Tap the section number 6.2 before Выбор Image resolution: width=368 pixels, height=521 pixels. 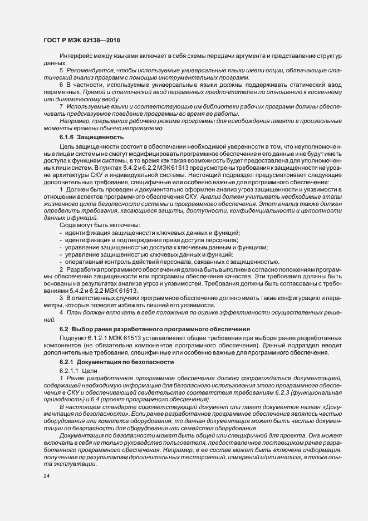[x=64, y=330]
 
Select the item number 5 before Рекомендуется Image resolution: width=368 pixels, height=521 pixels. [x=61, y=71]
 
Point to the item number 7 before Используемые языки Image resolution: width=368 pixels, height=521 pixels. [x=61, y=106]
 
